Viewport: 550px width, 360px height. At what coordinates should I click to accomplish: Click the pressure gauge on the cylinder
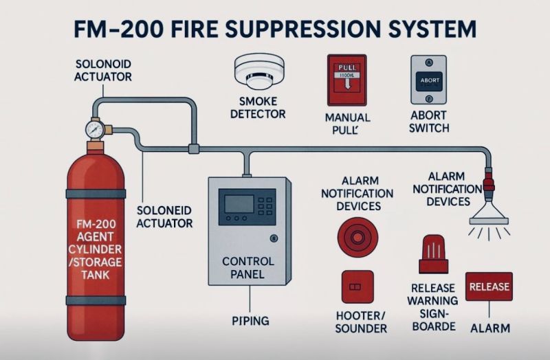point(95,128)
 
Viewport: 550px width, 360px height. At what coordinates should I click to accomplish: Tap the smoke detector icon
point(258,71)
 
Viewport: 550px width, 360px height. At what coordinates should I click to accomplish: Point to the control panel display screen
point(238,203)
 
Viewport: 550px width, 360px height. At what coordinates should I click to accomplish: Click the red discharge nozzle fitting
point(489,185)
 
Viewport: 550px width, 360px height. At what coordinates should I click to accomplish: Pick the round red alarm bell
point(357,237)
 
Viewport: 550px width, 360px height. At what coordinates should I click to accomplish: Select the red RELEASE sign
point(489,286)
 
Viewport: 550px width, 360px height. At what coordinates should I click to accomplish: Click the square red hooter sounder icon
point(357,286)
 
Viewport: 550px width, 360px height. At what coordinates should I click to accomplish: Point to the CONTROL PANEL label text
point(249,269)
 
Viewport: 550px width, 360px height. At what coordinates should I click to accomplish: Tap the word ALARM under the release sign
point(490,328)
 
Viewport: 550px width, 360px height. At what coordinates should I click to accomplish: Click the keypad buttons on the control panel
point(265,203)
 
